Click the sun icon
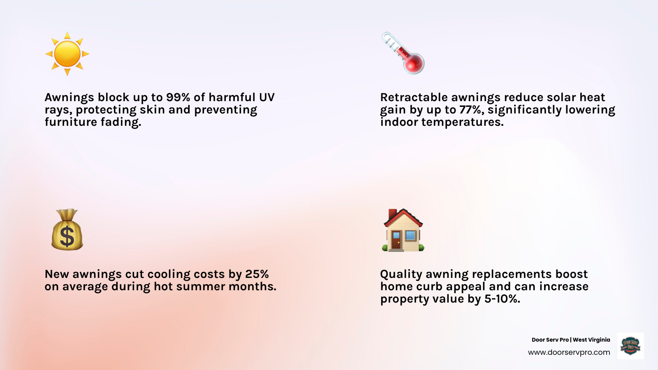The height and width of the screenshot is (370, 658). point(67,54)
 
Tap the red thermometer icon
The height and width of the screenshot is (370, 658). point(403,53)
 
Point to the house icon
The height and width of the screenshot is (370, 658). point(403,230)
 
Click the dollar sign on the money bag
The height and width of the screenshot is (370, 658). point(67,237)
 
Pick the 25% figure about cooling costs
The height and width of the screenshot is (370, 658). point(257,274)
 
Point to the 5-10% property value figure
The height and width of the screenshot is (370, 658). point(502,299)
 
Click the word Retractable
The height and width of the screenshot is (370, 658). point(414,97)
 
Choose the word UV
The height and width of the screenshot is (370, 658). point(266,97)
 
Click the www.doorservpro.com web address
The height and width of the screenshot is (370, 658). point(569,352)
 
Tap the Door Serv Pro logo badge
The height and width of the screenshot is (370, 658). point(630,346)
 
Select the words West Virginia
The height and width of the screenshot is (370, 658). point(591,340)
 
